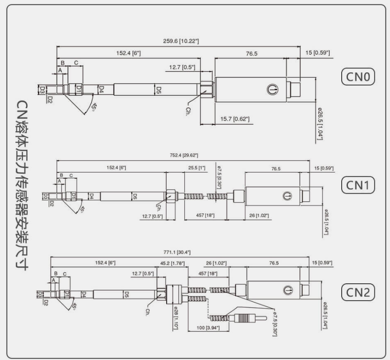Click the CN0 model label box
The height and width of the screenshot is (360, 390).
point(358,78)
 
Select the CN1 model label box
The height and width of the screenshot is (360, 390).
point(358,185)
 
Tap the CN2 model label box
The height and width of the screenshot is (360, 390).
point(358,292)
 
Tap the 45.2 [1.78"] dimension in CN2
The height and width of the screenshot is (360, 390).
point(173,263)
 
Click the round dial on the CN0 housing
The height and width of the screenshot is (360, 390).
point(272,89)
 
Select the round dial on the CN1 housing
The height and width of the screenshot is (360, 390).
point(286,195)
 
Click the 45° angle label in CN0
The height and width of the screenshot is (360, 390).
point(94,107)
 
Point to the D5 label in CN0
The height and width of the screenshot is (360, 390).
point(159,89)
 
